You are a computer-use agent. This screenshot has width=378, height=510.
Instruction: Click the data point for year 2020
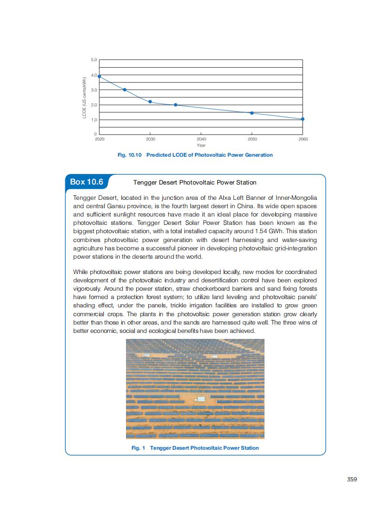tap(100, 76)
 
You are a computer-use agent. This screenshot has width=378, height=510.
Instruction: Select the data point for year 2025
tap(125, 89)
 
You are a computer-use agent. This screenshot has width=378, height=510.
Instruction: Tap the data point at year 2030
tap(150, 102)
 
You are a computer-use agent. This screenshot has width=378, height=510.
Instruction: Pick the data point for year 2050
tap(252, 113)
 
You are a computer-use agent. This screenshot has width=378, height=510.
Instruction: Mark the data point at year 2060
tap(302, 119)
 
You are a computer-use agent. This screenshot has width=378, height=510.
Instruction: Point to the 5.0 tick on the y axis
tap(94, 60)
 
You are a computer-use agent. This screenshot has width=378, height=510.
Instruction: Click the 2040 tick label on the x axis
tap(201, 139)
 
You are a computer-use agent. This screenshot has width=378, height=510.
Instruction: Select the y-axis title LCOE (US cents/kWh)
tap(85, 97)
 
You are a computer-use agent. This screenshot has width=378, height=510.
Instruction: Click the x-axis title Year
tap(201, 145)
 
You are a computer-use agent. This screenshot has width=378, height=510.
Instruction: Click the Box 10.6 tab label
tap(86, 182)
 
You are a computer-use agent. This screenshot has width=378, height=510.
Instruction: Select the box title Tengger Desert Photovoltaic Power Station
tap(195, 183)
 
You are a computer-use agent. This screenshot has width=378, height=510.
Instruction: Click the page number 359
tap(352, 479)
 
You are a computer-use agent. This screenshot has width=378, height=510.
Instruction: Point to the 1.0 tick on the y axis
tap(94, 120)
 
